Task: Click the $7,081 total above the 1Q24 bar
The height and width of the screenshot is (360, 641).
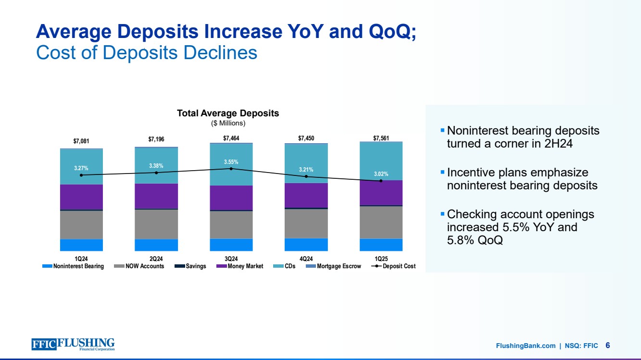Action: point(81,141)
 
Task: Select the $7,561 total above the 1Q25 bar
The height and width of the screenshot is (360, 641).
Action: point(381,139)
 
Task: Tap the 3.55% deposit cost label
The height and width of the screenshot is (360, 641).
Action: point(231,161)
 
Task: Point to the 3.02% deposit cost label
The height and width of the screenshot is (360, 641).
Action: point(381,174)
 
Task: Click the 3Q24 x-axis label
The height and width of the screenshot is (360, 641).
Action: point(231,259)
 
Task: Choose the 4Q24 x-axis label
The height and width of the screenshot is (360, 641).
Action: point(306,259)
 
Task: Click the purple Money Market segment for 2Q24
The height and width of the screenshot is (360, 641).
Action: point(156,196)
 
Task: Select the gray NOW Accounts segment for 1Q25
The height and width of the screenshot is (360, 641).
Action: point(381,222)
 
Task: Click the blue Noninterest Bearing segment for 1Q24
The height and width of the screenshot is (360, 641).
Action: point(81,245)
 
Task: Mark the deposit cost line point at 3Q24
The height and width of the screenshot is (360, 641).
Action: point(231,169)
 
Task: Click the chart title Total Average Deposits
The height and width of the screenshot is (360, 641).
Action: point(228,113)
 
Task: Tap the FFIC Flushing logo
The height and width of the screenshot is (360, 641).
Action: point(73,344)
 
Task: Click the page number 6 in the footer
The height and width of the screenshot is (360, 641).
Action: point(608,345)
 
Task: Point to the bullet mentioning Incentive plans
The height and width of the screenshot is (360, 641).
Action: point(522,178)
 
